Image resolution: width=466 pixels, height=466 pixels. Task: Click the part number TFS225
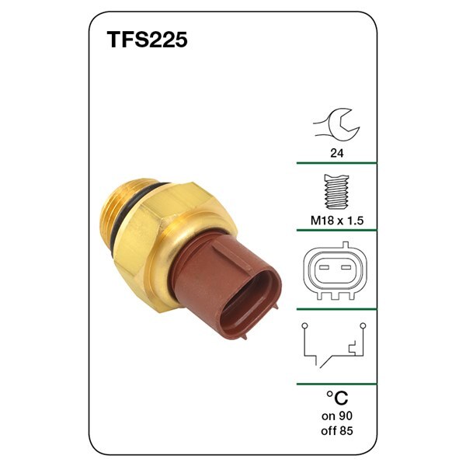pos(147,40)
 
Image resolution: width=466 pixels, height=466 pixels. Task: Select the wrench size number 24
pos(337,153)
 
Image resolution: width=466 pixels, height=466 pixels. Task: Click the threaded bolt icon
pos(337,192)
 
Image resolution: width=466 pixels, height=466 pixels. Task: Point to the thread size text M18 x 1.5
pos(337,221)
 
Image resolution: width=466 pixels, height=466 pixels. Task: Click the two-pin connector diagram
pos(335,271)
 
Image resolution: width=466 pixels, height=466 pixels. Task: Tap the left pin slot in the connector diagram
pos(324,267)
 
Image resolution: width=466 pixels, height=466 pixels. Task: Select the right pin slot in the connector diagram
pos(346,267)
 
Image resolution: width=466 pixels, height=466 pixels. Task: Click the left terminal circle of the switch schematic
pos(304,326)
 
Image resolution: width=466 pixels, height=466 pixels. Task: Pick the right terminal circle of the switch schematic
pos(363,326)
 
